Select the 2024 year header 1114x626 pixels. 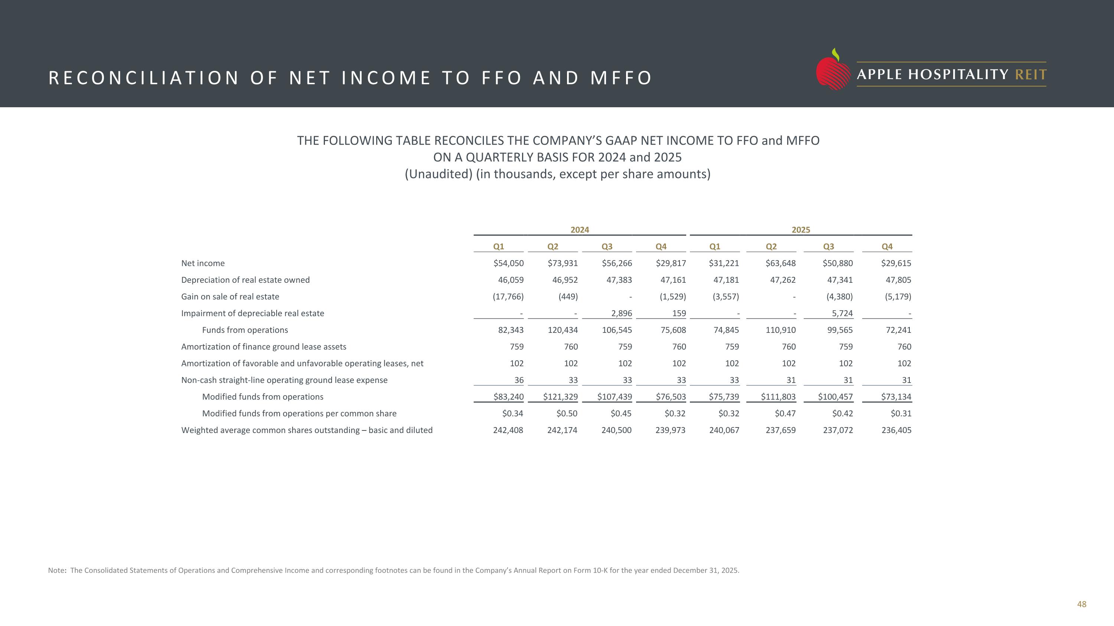[x=580, y=230]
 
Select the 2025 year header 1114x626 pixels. [x=801, y=230]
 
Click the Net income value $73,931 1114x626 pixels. [x=563, y=263]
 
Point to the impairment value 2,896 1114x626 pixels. [x=622, y=313]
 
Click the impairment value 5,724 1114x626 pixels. [x=842, y=313]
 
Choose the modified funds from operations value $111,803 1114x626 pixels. [x=778, y=397]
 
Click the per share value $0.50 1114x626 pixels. [x=567, y=413]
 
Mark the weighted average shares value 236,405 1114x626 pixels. [x=896, y=430]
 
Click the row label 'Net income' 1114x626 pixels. [x=203, y=263]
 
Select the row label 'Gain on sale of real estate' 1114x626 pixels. [x=230, y=297]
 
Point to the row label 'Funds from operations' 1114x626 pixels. [x=245, y=330]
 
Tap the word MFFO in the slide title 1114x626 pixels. [x=621, y=78]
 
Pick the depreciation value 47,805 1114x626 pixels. [x=898, y=280]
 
